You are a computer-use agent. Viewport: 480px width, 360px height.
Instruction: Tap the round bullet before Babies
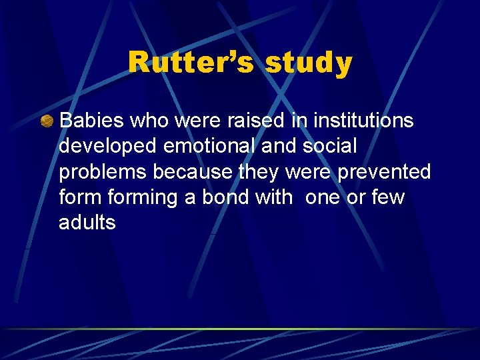click(46, 121)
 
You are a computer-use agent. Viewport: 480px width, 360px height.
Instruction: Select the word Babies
click(92, 121)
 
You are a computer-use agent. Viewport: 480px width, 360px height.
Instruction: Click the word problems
click(102, 172)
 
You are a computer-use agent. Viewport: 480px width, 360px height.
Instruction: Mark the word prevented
click(384, 171)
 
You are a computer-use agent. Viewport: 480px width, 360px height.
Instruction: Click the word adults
click(87, 222)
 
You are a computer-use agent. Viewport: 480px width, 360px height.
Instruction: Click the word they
click(259, 171)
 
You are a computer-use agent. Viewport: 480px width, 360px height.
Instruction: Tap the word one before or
click(324, 197)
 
